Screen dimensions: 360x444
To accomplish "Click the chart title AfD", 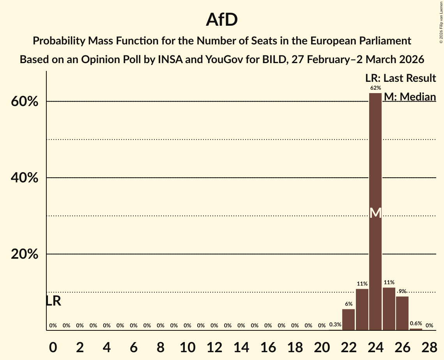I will (x=222, y=20).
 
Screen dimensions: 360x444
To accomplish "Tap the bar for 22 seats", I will (x=348, y=319).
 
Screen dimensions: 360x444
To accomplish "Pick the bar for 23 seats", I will (x=362, y=309).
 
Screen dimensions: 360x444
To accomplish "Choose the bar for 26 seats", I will (x=402, y=313).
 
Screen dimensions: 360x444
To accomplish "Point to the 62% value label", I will (x=375, y=88).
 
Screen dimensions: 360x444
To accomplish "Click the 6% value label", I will (x=348, y=304).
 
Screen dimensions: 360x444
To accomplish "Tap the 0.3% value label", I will (x=335, y=325).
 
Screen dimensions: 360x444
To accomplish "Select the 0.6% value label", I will (x=416, y=323).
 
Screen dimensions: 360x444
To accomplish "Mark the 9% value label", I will (x=402, y=291).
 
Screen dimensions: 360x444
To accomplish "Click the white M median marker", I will (x=375, y=213).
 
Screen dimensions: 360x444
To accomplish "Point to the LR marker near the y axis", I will (x=53, y=301).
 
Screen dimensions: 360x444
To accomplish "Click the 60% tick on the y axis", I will (x=24, y=102).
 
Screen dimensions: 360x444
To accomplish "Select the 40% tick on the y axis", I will (x=24, y=178).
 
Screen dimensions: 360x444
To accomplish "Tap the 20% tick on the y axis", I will (x=24, y=254).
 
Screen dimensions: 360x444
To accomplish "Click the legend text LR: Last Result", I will (x=400, y=78).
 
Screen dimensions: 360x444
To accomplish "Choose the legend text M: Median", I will (x=409, y=97).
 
